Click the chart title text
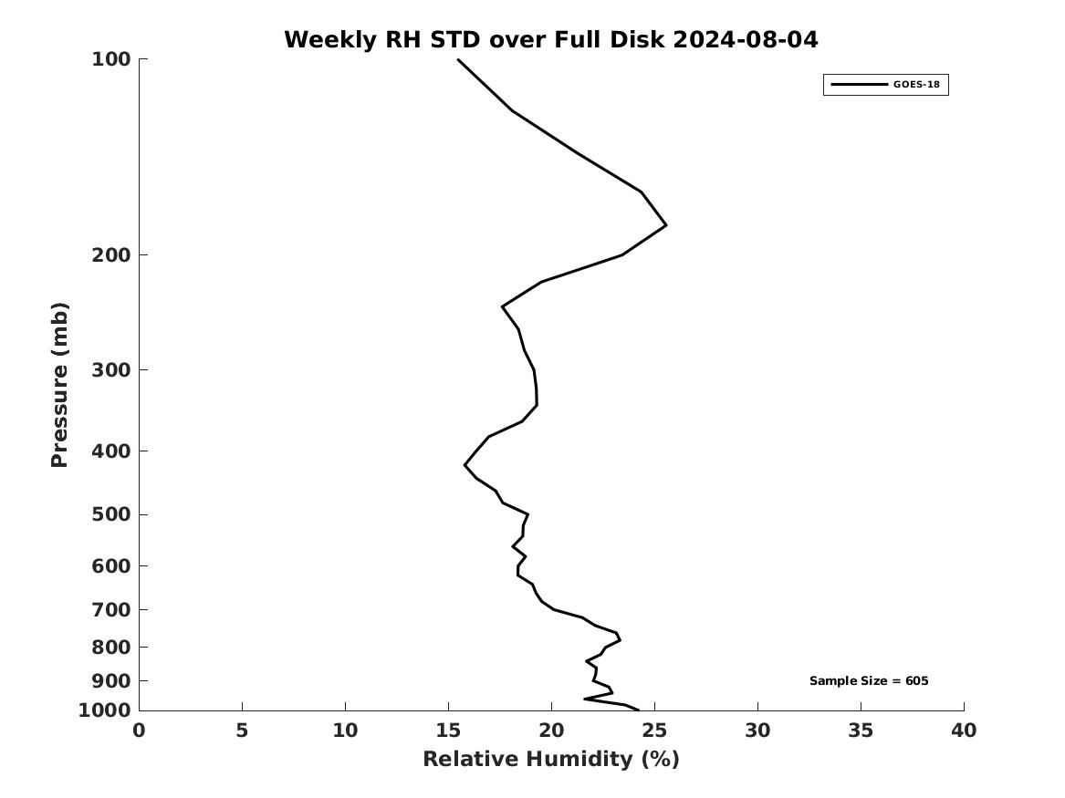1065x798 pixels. tap(550, 40)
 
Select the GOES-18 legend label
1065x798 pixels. tap(916, 85)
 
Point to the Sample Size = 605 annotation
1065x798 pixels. tap(869, 681)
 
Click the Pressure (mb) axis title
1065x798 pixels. tap(60, 385)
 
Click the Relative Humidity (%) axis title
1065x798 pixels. tap(550, 760)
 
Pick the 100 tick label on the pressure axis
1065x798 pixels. tap(111, 59)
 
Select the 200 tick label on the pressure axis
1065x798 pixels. tap(111, 255)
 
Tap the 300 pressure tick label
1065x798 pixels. tap(111, 370)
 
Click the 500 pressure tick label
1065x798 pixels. tap(111, 514)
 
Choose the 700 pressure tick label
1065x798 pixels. tap(111, 609)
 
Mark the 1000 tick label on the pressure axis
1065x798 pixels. tap(106, 710)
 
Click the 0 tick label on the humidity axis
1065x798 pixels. tap(139, 731)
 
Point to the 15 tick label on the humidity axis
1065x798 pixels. tap(448, 731)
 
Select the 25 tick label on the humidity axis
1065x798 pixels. tap(654, 731)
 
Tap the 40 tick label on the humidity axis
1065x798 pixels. tap(964, 731)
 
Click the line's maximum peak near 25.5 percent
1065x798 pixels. tap(666, 224)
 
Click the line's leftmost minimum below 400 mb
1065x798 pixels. tap(465, 465)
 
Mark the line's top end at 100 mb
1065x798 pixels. tap(458, 59)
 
